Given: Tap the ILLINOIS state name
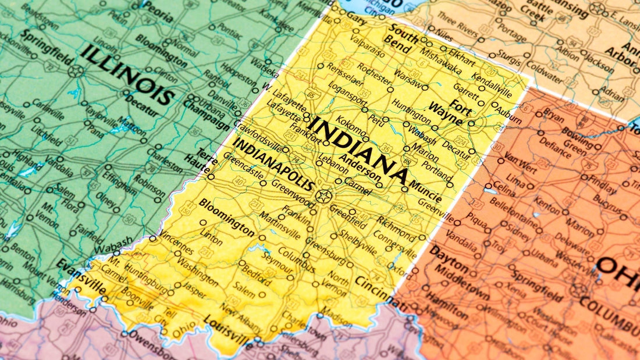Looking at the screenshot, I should (x=129, y=75).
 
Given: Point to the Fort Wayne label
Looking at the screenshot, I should (x=451, y=114).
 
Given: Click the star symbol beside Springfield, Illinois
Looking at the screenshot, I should (x=75, y=72).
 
